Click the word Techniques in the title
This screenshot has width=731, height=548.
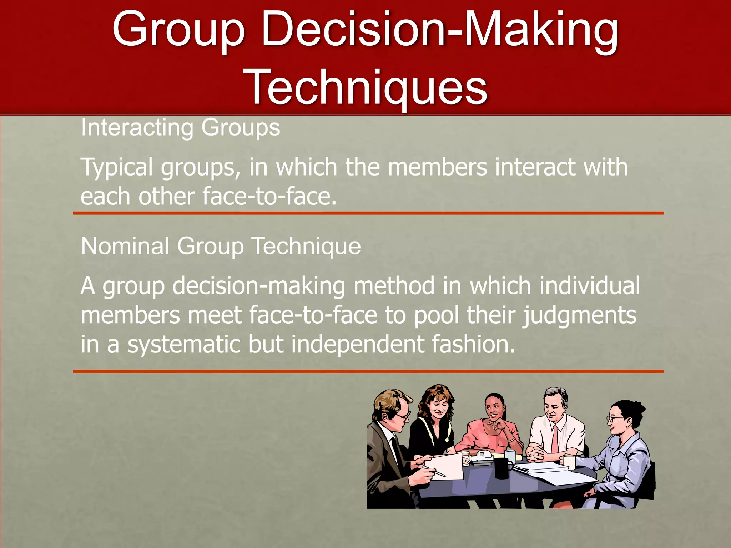click(x=368, y=87)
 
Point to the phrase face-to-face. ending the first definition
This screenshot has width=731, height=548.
click(x=269, y=197)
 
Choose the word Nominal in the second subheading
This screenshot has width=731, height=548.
click(x=125, y=246)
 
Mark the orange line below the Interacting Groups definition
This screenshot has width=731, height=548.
click(x=368, y=213)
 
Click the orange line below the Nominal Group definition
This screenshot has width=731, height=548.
click(x=368, y=371)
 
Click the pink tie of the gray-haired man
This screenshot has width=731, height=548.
click(x=555, y=439)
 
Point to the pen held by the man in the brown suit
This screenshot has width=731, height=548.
click(x=435, y=471)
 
